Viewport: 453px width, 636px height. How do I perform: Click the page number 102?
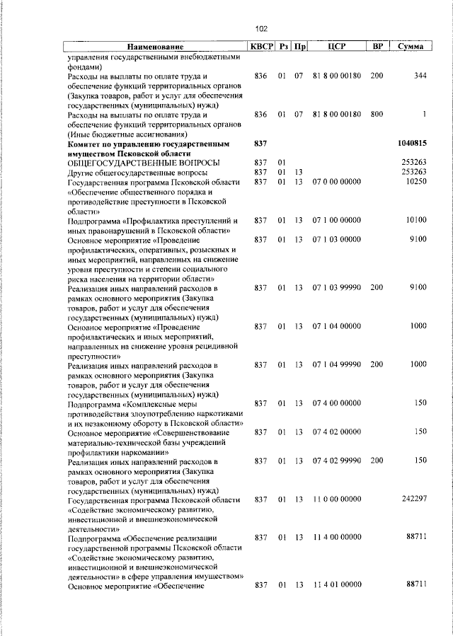(261, 28)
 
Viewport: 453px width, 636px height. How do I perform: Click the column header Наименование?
(156, 46)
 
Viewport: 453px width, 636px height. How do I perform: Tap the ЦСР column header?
(336, 46)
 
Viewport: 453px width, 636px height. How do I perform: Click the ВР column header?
(378, 46)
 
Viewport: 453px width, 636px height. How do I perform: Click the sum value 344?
(420, 76)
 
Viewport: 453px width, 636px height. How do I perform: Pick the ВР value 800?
(377, 115)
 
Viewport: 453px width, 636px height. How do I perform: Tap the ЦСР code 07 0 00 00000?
(336, 182)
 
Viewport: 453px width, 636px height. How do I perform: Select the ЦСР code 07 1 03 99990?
(336, 288)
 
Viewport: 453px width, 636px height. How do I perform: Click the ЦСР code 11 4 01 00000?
(336, 585)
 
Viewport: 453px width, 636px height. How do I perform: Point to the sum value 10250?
(414, 182)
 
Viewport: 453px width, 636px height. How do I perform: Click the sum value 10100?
(414, 221)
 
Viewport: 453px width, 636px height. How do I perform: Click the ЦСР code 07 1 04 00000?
(336, 326)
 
